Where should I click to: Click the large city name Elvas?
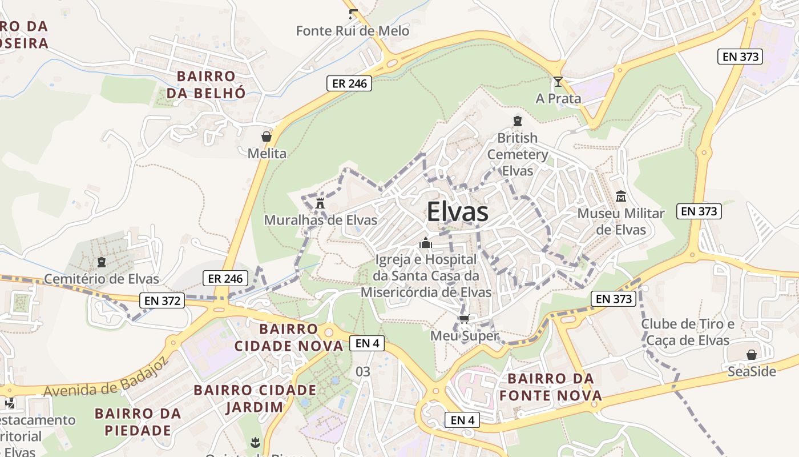tap(457, 212)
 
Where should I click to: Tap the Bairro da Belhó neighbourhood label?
tap(205, 84)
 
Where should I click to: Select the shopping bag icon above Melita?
tap(266, 137)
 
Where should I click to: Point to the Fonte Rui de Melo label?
tap(352, 30)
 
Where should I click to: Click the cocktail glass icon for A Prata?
tap(558, 82)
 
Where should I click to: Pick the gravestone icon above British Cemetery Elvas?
tap(517, 121)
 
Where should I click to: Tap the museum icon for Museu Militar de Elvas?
tap(621, 197)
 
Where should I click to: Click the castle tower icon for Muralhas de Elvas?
tap(320, 203)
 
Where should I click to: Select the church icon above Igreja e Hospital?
tap(425, 243)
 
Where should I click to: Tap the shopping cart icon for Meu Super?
tap(464, 319)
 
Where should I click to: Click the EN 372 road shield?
tap(162, 300)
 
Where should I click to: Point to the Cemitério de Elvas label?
tap(102, 279)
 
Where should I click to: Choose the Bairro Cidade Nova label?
tap(289, 337)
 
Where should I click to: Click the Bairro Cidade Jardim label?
tap(255, 398)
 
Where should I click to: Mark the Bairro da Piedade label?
tap(138, 422)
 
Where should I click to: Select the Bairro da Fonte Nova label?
tap(551, 387)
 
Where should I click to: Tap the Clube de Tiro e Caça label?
tap(688, 332)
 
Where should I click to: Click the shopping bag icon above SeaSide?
tap(752, 355)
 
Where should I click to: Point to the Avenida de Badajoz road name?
tap(105, 377)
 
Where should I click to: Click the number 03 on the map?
tap(363, 372)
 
